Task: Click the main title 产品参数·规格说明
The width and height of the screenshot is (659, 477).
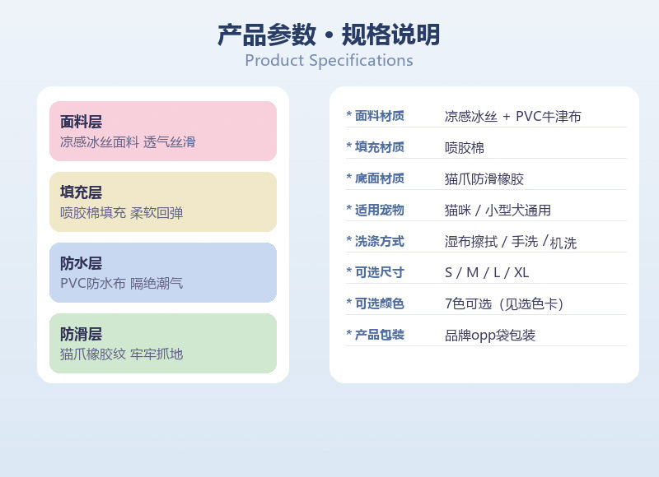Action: pos(329,35)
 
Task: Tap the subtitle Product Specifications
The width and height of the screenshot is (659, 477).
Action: pos(329,61)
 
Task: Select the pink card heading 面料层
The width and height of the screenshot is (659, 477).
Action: pos(81,122)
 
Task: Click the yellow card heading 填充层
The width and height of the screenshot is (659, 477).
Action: pos(81,192)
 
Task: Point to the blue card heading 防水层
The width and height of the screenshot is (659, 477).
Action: pos(81,263)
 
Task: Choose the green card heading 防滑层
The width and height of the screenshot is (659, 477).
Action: pos(81,334)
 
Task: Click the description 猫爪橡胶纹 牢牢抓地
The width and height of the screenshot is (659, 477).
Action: pos(121,354)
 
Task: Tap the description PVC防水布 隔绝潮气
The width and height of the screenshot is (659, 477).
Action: pos(121,283)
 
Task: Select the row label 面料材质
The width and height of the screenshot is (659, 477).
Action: pos(380,115)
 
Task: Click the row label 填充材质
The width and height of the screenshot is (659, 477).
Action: pos(380,147)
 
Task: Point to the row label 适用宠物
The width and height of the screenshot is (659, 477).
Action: pos(380,210)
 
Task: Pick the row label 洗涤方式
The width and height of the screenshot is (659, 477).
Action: pos(380,241)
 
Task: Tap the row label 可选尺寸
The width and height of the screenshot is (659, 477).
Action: pos(380,272)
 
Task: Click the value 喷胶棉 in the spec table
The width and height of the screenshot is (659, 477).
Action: pos(465,148)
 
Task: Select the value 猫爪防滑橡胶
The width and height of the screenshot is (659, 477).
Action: pos(484,179)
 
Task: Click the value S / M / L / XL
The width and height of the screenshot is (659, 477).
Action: pos(487,273)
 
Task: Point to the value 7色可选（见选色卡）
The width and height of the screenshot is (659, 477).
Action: pos(504,303)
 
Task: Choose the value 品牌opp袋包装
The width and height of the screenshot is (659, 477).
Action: pos(490,336)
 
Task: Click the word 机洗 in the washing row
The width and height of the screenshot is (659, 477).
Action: pos(563,243)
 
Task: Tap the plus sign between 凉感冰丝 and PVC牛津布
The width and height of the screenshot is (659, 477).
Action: pos(507,117)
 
